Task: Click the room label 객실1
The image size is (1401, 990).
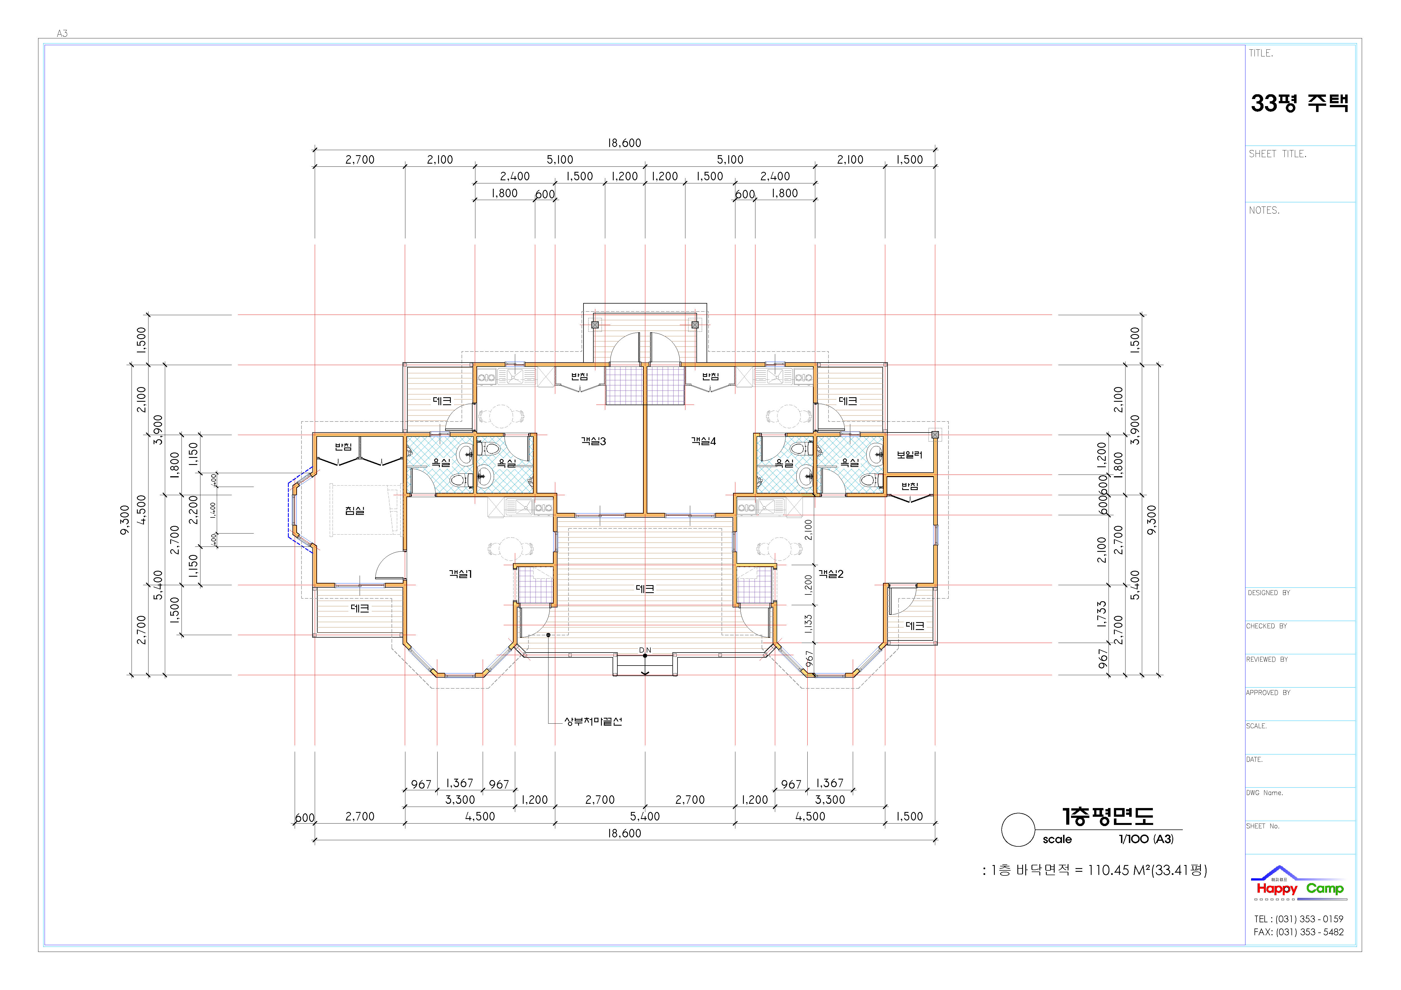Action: click(461, 574)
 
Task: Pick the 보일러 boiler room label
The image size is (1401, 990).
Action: click(909, 455)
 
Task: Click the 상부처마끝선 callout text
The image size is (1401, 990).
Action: click(593, 722)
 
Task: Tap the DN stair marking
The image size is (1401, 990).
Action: click(645, 650)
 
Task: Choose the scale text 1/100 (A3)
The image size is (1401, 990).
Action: click(1146, 839)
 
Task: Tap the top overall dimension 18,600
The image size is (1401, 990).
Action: click(624, 143)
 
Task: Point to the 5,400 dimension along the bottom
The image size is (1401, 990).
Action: click(645, 816)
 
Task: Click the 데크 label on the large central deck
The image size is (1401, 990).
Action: click(645, 589)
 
